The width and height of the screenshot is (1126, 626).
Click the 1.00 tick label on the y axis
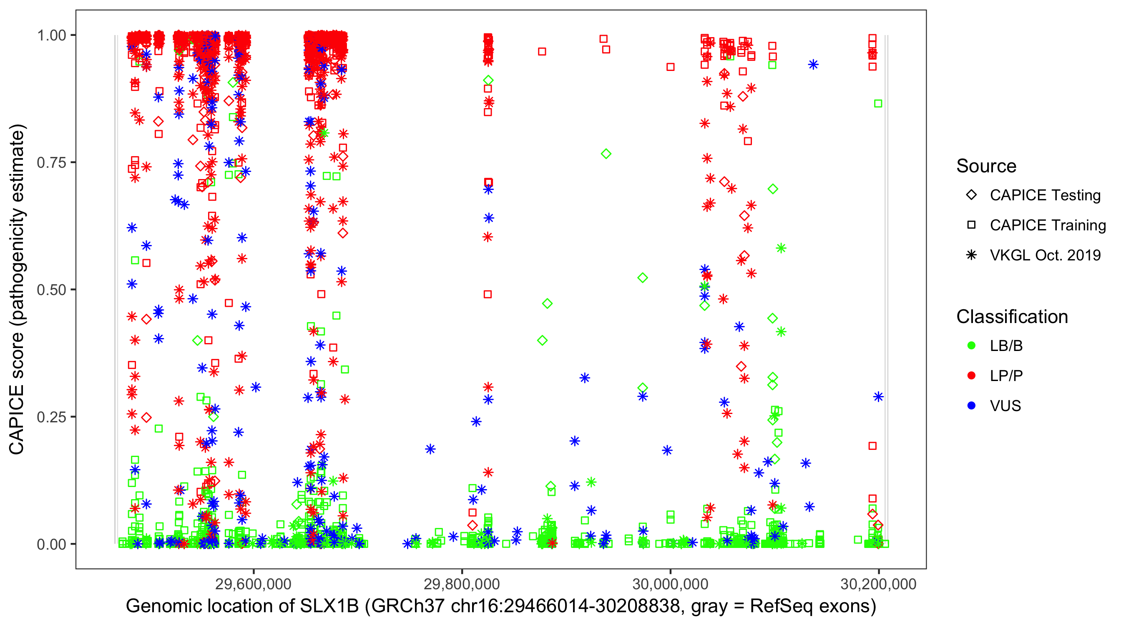click(51, 35)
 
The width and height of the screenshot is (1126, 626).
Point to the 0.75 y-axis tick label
click(51, 163)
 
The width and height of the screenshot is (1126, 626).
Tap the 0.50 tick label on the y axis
click(51, 290)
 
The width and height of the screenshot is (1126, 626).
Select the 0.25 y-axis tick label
click(51, 417)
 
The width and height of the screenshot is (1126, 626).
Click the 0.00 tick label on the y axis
click(51, 544)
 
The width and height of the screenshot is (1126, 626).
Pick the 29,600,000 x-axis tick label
click(254, 584)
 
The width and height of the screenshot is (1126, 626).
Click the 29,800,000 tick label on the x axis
click(462, 584)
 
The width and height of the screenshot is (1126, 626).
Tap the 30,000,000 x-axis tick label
click(670, 584)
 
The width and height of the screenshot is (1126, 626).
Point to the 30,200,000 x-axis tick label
click(878, 584)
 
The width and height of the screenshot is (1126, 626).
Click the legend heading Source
click(986, 166)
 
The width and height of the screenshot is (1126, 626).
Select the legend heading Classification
click(1012, 317)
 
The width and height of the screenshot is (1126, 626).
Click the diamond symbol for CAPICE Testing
click(971, 195)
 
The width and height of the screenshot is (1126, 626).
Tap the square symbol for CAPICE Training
click(971, 225)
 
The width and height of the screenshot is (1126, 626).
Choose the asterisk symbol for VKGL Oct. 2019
click(971, 255)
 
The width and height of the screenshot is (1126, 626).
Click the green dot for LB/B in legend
click(971, 346)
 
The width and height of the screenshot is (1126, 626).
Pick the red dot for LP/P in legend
click(971, 376)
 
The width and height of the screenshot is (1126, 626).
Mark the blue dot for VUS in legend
click(971, 406)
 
